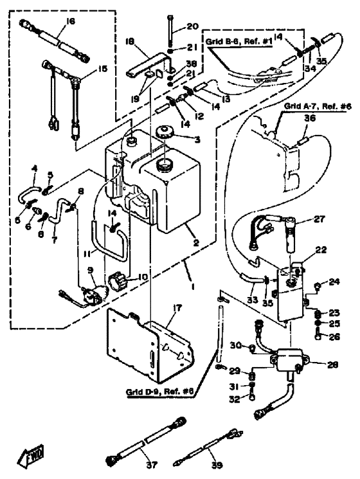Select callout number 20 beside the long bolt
192,26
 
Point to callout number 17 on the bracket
177,308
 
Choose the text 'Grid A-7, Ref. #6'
318,106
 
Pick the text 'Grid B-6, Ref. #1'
239,42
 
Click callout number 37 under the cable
152,465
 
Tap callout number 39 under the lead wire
217,465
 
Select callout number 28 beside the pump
332,365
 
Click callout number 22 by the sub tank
321,250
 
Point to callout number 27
319,219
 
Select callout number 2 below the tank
195,243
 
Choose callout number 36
310,118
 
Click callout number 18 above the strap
130,42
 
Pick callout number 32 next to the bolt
235,399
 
